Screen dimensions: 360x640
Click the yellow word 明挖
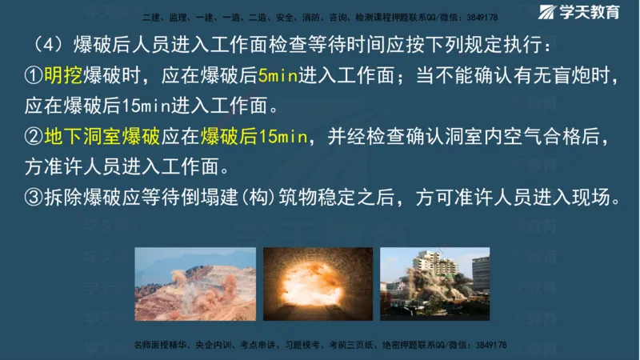[62, 78]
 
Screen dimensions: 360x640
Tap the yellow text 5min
[278, 78]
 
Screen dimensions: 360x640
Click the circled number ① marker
[33, 78]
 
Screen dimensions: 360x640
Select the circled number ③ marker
[33, 198]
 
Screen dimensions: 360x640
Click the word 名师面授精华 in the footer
[158, 345]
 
